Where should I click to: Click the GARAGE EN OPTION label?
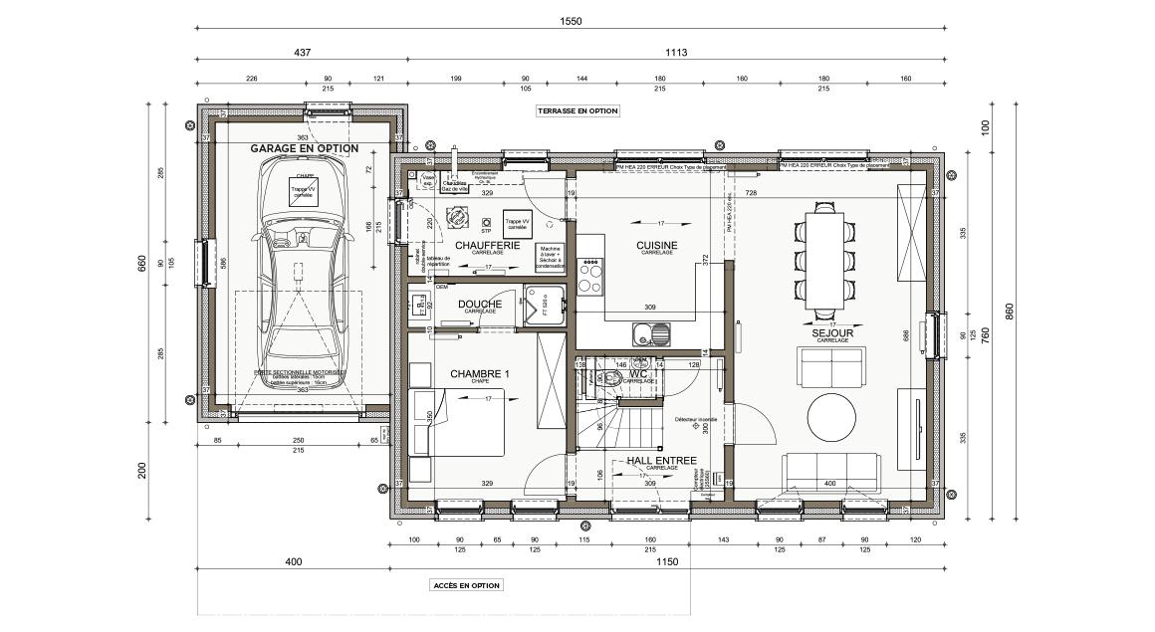[x=304, y=148]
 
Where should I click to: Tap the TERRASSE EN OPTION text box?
[x=577, y=111]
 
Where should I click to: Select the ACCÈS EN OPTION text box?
[x=466, y=585]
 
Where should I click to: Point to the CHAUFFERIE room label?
[x=487, y=245]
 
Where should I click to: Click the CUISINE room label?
[x=657, y=245]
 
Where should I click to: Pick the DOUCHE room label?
[x=479, y=304]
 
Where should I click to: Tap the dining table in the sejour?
[x=825, y=259]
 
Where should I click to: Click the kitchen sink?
[x=648, y=334]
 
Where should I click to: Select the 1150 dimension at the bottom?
[x=667, y=562]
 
